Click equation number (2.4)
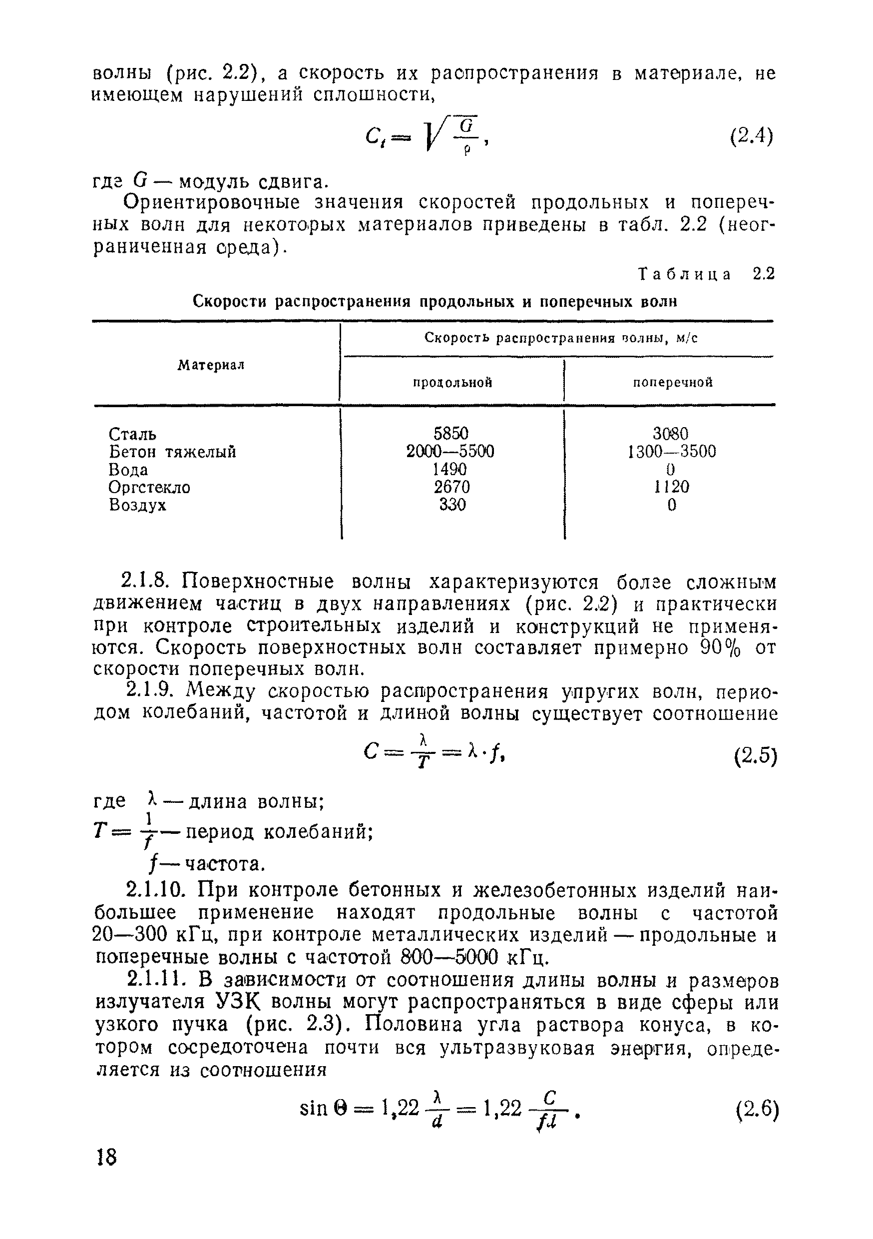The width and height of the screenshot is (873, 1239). pos(751,136)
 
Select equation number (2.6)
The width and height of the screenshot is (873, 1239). pos(757,1111)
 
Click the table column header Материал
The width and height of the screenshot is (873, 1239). pos(211,365)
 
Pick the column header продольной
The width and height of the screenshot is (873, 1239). pos(452,383)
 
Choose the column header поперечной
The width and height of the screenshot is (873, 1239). pos(672,383)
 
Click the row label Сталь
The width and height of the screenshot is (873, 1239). pos(133,434)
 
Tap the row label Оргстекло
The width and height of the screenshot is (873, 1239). pos(149,487)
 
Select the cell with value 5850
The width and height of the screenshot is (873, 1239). pos(451,433)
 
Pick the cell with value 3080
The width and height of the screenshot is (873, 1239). pos(671,433)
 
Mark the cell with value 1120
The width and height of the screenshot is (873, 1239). pos(671,487)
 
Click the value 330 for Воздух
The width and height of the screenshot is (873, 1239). pos(452,505)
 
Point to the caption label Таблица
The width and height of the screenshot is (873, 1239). pos(685,275)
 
